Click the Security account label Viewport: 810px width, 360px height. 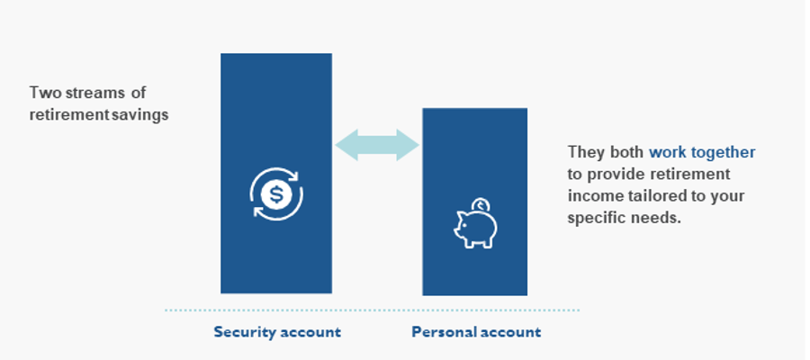[277, 331]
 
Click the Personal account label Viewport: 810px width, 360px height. [476, 331]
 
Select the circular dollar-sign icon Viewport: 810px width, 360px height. [276, 194]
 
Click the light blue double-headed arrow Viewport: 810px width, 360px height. [377, 145]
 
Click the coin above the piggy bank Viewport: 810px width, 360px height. [481, 205]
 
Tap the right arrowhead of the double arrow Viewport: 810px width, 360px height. [408, 145]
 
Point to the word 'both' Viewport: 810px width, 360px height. [626, 152]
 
